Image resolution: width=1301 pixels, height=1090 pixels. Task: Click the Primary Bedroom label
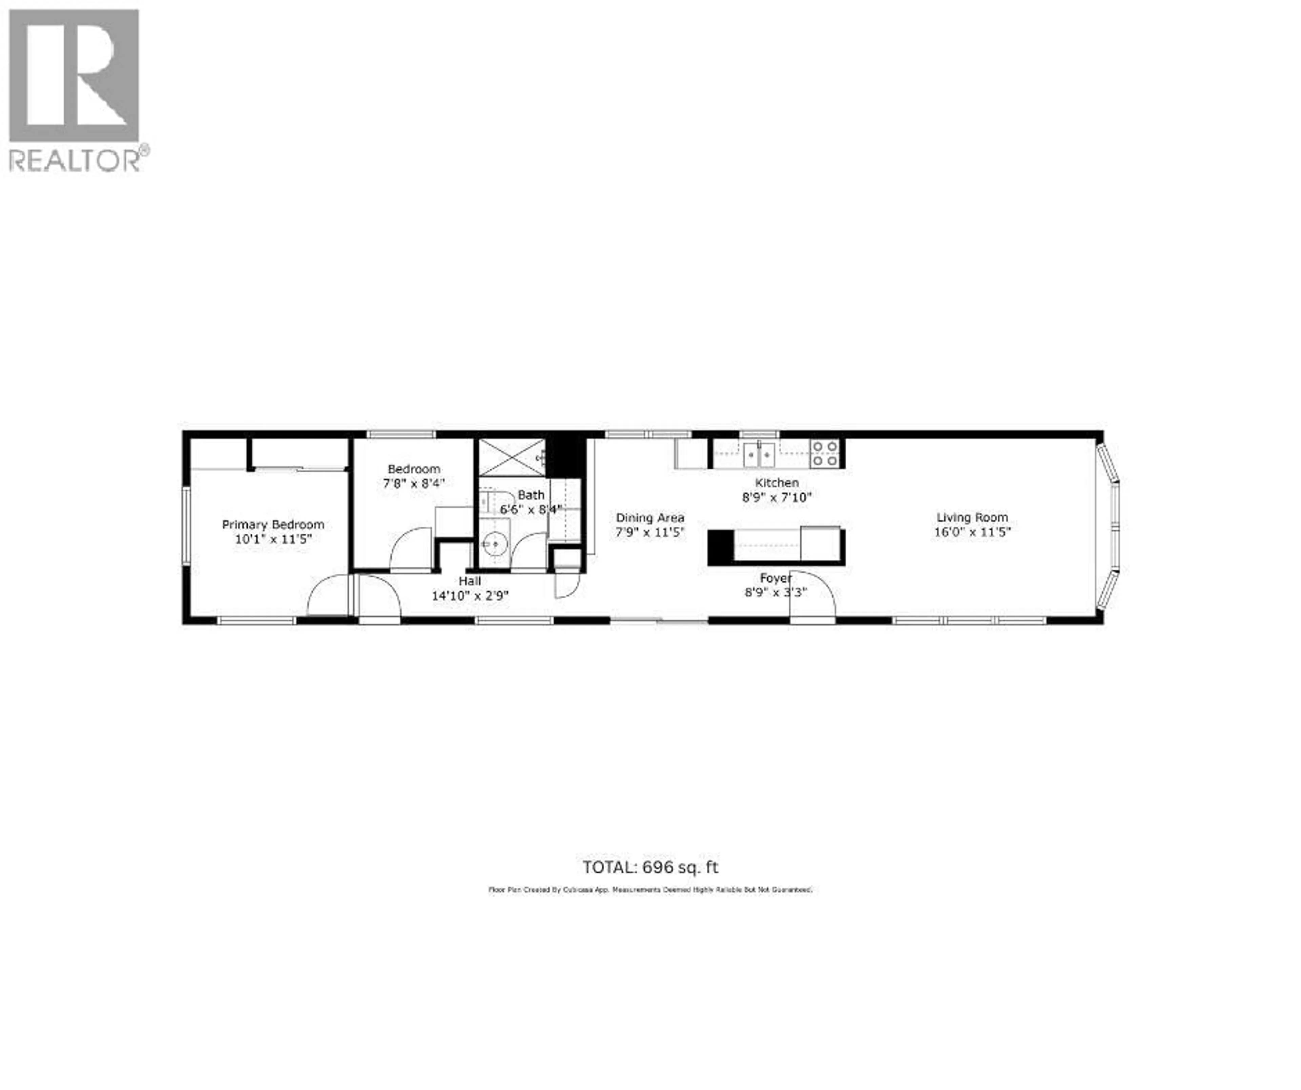273,525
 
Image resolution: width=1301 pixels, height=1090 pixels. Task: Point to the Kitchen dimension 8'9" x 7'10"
776,497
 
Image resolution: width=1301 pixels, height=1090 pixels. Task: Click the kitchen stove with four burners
825,453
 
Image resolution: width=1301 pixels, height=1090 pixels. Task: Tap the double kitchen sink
759,454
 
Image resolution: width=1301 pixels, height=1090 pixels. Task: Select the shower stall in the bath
512,457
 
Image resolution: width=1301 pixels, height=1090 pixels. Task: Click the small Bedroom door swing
410,548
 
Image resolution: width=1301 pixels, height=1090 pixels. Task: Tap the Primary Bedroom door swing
328,596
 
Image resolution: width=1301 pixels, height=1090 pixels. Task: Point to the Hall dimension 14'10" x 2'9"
470,596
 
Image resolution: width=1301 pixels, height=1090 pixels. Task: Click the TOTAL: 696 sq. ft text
650,867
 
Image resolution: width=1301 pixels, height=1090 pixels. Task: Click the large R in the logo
74,74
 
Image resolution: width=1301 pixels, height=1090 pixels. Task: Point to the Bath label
531,495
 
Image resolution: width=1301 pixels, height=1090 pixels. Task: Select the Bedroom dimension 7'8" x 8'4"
413,483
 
